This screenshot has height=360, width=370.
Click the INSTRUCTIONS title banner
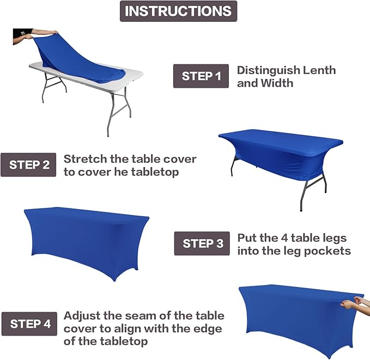click(x=178, y=11)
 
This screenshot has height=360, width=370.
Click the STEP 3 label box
click(x=202, y=243)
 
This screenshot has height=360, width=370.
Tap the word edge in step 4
click(x=210, y=329)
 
